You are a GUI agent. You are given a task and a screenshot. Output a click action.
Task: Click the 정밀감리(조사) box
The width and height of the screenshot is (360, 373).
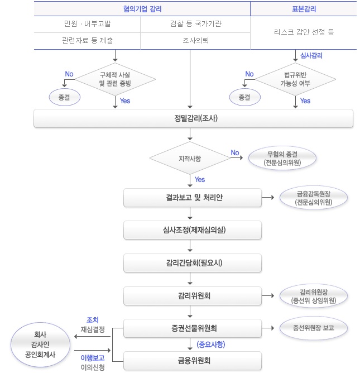(193, 118)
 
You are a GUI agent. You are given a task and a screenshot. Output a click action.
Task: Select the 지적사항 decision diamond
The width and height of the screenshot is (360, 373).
(190, 159)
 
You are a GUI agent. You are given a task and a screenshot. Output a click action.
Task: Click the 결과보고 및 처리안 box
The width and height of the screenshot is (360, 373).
(193, 198)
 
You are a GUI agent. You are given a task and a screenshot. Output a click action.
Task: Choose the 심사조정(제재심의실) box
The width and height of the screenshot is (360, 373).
(193, 230)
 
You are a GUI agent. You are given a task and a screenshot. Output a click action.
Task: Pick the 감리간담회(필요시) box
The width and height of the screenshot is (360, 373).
(193, 262)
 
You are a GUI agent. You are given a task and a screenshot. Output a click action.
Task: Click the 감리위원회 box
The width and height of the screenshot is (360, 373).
(193, 295)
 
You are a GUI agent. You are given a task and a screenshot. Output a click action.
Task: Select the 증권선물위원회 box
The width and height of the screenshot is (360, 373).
(193, 328)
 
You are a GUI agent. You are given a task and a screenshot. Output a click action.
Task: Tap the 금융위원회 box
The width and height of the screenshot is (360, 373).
(193, 360)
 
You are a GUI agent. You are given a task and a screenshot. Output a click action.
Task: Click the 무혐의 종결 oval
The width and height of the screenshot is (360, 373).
(283, 158)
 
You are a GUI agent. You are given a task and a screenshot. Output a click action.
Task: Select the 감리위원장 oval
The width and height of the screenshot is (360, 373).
(314, 295)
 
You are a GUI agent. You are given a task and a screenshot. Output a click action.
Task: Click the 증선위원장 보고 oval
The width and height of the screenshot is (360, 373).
(314, 328)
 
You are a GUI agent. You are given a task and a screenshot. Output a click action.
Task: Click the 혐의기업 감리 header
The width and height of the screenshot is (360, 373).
(142, 8)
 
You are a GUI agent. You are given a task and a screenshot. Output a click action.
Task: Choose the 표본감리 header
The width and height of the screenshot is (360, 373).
(303, 8)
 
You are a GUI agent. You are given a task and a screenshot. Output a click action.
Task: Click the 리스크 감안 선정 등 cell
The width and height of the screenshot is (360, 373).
(303, 32)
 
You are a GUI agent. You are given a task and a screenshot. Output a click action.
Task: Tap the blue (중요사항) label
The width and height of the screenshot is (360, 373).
(212, 345)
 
